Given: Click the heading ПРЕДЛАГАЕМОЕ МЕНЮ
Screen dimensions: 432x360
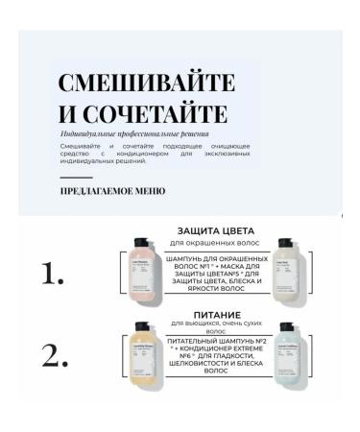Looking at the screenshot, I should pyautogui.click(x=112, y=191).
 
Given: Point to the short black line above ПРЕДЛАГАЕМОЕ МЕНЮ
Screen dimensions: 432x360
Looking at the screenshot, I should pyautogui.click(x=76, y=178).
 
